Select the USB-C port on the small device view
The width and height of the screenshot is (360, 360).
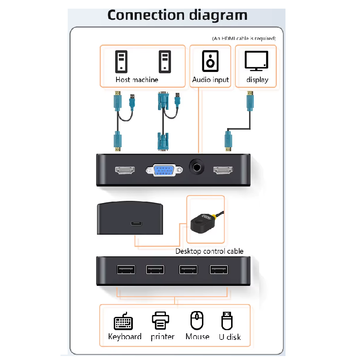coord(136,223)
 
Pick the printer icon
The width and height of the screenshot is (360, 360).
coord(160,320)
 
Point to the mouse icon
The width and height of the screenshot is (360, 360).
coord(197,320)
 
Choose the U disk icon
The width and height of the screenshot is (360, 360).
coord(227,320)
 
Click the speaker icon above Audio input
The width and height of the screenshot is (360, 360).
coord(210,61)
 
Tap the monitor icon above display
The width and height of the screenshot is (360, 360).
coord(256,60)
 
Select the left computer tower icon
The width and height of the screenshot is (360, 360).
coord(121,61)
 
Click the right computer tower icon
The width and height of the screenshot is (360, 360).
coord(165,61)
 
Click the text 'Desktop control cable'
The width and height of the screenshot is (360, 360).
coord(209,251)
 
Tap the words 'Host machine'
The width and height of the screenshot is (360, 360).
coord(137,80)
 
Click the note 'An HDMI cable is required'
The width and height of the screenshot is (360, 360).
coord(244,38)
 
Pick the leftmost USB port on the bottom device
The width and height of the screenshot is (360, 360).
coord(126,270)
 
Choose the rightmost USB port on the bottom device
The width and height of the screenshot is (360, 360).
coord(219,269)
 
